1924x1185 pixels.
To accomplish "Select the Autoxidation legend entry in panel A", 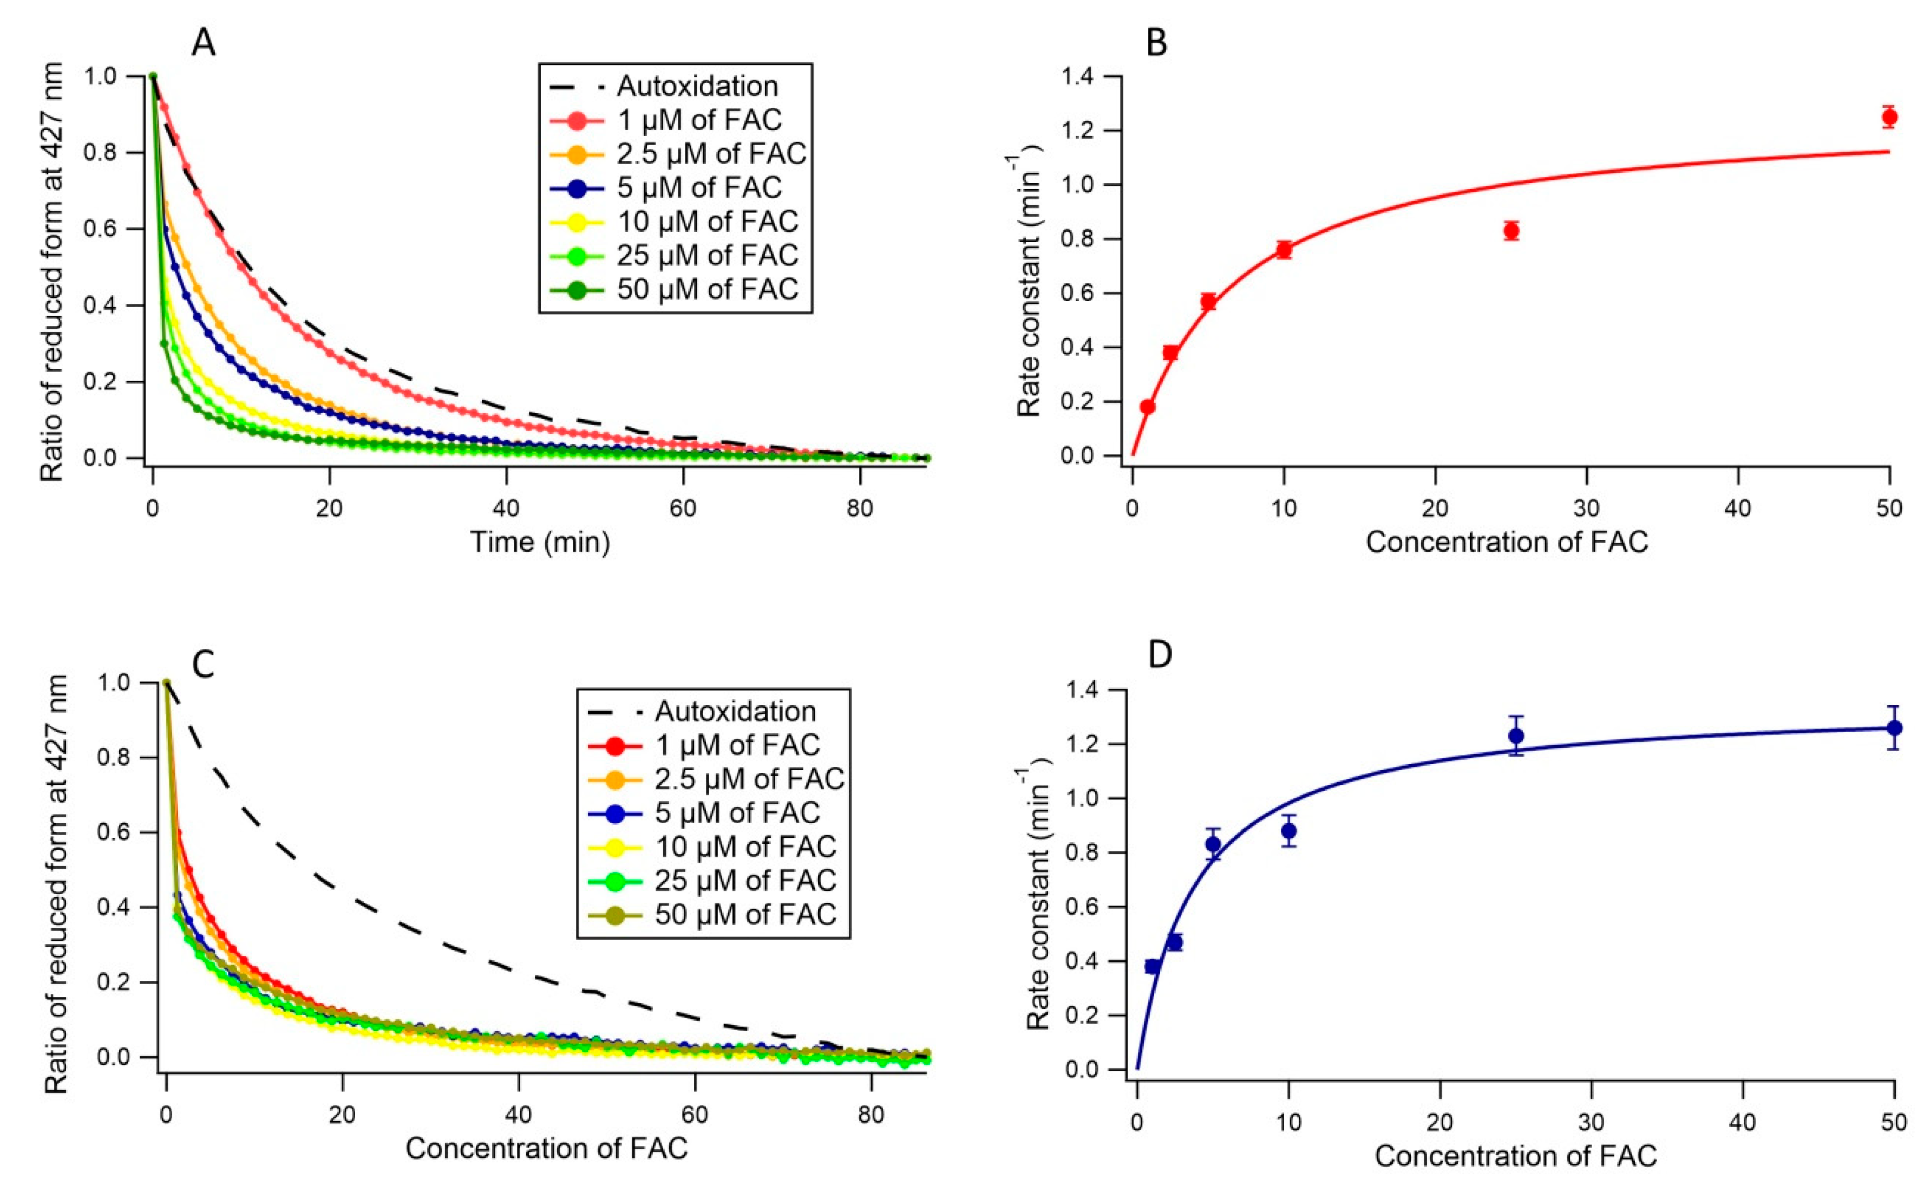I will click(x=696, y=86).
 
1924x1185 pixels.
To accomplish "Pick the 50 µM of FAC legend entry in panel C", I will click(x=744, y=914).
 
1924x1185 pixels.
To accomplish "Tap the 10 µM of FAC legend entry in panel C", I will click(x=744, y=847).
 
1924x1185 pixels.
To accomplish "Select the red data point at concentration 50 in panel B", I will click(x=1889, y=118).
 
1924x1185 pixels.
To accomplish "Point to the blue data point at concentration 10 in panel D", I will click(x=1288, y=831).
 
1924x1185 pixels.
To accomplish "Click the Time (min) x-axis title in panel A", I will click(x=540, y=542).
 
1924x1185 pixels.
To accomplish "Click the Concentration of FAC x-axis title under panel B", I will click(x=1507, y=542).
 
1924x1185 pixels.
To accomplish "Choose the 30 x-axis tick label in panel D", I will click(x=1591, y=1122).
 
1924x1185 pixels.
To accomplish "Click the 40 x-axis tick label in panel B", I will click(x=1738, y=509).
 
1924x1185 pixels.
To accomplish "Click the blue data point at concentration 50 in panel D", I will click(x=1894, y=727).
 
